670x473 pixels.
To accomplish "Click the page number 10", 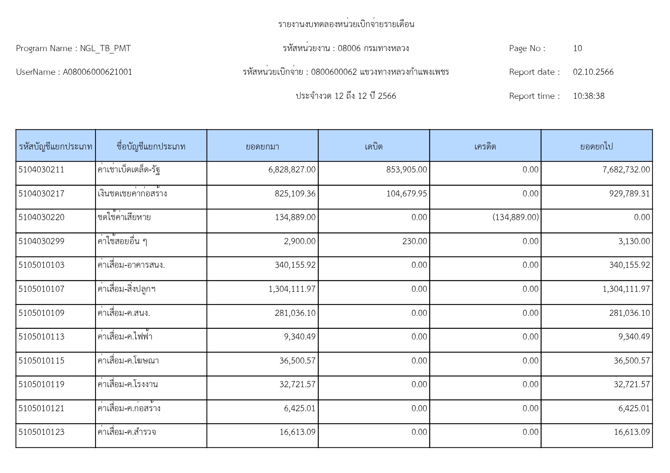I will click(577, 48).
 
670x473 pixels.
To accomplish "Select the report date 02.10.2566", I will click(593, 72).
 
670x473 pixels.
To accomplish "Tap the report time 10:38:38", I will click(588, 96).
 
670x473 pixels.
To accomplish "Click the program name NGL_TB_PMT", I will click(105, 48).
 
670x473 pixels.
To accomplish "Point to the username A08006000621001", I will click(97, 72).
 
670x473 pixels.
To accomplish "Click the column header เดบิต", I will click(373, 146).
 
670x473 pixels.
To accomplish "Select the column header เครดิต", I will click(485, 146).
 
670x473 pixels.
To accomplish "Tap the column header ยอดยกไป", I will click(596, 146).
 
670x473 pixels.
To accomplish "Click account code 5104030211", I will click(41, 170).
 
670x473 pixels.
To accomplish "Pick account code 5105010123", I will click(41, 432).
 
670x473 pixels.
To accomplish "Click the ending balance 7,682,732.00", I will click(626, 170).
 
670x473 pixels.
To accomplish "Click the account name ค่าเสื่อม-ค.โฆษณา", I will click(128, 360).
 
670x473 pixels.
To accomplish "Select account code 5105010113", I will click(41, 337).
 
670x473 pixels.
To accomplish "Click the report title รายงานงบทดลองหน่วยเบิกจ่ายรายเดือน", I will click(346, 24).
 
